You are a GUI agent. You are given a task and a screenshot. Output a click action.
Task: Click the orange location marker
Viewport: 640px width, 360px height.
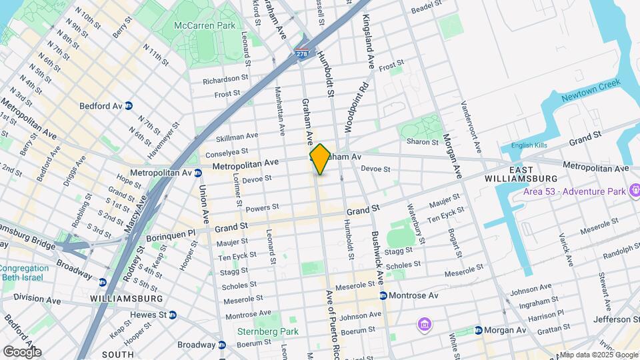click(319, 159)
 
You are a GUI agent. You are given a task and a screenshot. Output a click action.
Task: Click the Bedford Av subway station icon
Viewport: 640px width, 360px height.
click(129, 105)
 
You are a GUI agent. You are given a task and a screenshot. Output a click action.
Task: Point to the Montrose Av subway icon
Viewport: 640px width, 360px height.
click(383, 295)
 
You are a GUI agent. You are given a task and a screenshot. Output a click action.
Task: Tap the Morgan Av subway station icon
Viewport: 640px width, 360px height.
click(479, 330)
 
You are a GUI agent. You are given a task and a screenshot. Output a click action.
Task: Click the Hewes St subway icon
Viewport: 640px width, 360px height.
click(172, 315)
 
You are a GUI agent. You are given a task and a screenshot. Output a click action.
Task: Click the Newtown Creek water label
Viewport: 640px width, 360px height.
click(590, 91)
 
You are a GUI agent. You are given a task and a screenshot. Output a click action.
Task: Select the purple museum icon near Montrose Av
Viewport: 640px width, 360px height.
click(424, 325)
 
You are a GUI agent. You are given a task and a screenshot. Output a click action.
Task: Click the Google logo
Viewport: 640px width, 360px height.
click(21, 352)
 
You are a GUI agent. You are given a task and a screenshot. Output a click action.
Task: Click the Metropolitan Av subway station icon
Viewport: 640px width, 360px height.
click(198, 173)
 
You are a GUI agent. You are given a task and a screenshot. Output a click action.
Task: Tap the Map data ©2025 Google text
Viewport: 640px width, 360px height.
click(598, 354)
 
